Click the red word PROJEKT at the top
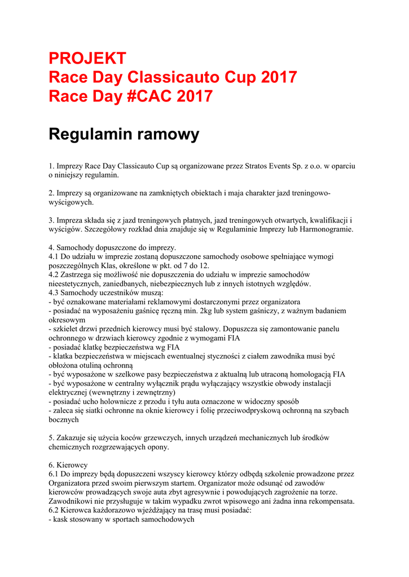(x=87, y=58)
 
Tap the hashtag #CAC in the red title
(x=146, y=96)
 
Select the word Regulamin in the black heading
(x=94, y=134)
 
